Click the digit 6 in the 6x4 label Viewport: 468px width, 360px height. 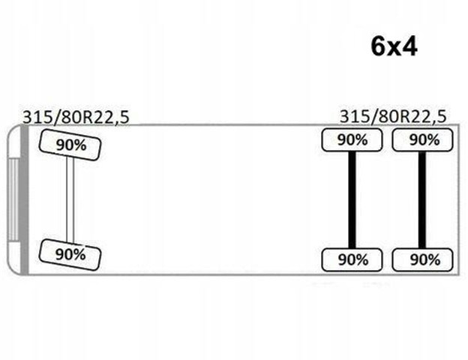[x=378, y=47]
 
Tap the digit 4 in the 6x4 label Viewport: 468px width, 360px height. [x=409, y=47]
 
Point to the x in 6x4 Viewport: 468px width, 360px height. [x=394, y=49]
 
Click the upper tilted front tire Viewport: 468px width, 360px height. [x=70, y=145]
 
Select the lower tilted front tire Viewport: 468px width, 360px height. [x=70, y=255]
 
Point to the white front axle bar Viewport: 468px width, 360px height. [x=70, y=199]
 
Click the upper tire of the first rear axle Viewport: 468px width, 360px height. [x=352, y=140]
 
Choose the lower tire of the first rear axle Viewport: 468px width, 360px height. [x=352, y=260]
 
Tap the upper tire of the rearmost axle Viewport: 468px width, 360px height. [x=423, y=140]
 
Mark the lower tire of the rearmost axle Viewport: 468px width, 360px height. [x=423, y=260]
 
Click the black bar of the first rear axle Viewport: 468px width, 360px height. [x=352, y=200]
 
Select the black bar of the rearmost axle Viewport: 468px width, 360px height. [x=422, y=200]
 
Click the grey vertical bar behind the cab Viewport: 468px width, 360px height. [x=24, y=199]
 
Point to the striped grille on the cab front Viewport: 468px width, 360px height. [x=13, y=199]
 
